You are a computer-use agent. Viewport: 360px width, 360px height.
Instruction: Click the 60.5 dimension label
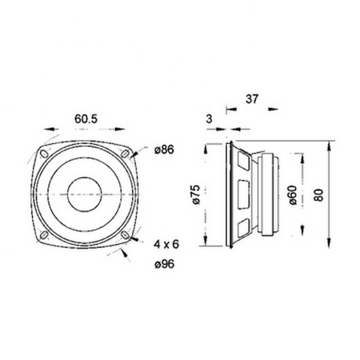[x=86, y=119]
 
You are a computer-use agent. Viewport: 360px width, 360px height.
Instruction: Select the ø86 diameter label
[x=166, y=151]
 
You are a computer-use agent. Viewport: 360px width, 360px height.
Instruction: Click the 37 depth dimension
[x=252, y=99]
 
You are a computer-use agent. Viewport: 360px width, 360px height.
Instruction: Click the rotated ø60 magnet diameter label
[x=292, y=196]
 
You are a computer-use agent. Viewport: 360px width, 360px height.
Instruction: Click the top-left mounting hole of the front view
[x=44, y=154]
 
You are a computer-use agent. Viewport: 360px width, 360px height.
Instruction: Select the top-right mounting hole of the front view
[x=126, y=154]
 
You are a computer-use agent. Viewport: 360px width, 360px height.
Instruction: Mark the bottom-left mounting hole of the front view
[x=44, y=236]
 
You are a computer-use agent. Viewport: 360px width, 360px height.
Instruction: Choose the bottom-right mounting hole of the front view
[x=126, y=236]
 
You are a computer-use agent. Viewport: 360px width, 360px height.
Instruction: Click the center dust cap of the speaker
[x=86, y=195]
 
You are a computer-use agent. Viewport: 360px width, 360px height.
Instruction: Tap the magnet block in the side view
[x=268, y=196]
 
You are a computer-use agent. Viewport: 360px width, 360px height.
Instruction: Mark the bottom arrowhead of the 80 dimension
[x=328, y=246]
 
